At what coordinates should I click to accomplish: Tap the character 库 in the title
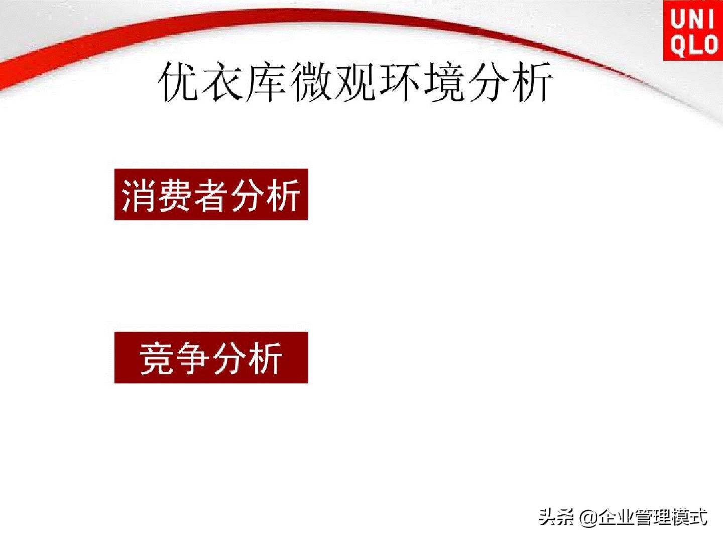pyautogui.click(x=265, y=82)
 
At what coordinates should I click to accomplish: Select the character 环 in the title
pyautogui.click(x=400, y=82)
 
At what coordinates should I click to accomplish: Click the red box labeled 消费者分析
pyautogui.click(x=211, y=195)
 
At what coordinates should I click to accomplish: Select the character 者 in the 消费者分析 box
pyautogui.click(x=211, y=195)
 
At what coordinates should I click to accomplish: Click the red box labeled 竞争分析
pyautogui.click(x=211, y=357)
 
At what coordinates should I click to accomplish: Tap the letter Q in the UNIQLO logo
pyautogui.click(x=678, y=45)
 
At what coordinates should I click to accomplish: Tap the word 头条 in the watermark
pyautogui.click(x=556, y=517)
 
